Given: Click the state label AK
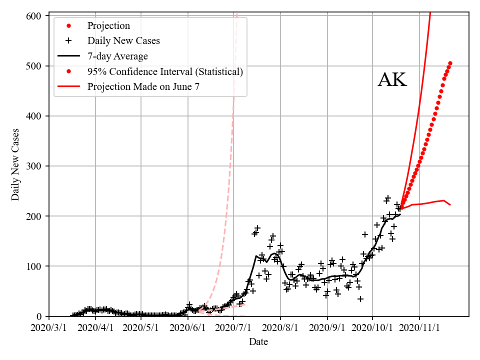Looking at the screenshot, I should (x=392, y=80).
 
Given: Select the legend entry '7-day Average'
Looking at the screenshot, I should (x=117, y=56).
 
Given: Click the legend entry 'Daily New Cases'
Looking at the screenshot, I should (x=123, y=40).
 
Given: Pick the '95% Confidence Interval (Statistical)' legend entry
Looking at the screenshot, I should (x=165, y=71).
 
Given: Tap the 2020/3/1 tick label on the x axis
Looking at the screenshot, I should (x=49, y=328).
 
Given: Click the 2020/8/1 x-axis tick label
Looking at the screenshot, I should (x=280, y=328).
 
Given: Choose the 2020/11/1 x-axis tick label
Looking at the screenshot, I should (x=419, y=328).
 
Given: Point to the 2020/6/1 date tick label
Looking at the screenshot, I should (x=188, y=328).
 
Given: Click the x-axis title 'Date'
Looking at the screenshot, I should (x=258, y=342).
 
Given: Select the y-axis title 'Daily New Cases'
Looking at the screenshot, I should (x=15, y=165).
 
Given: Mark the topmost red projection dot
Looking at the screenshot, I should (x=450, y=63).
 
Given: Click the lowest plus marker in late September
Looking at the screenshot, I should (x=360, y=299).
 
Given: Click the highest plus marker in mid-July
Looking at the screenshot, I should (x=257, y=228).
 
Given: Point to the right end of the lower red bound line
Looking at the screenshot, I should (x=450, y=205).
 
